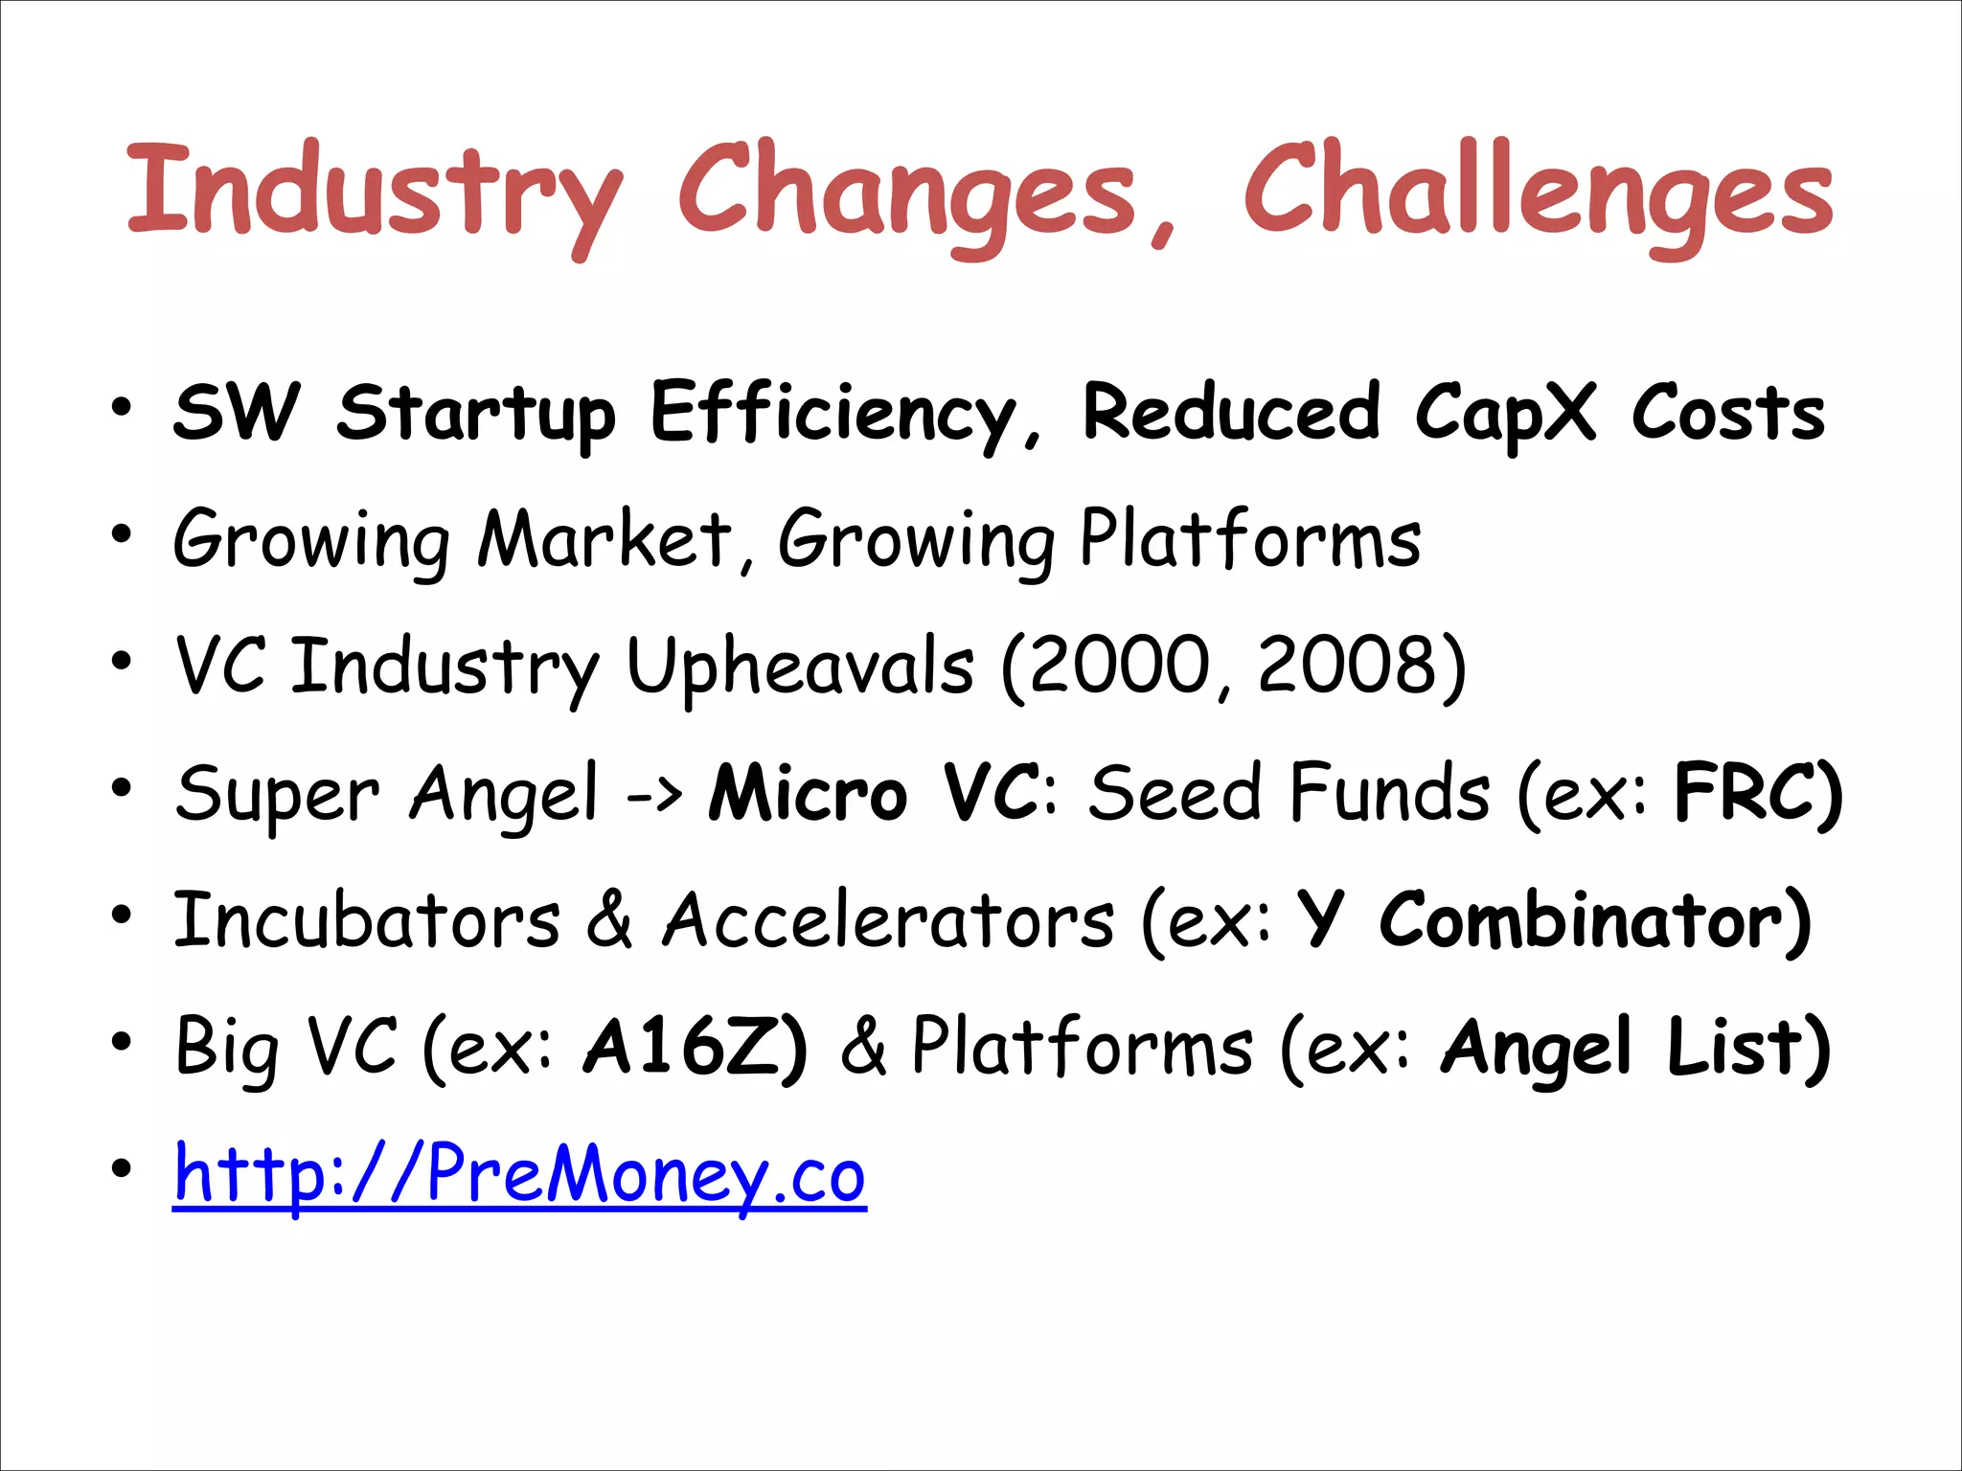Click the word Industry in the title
coord(374,192)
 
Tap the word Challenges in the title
coord(1538,192)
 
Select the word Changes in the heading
coord(906,192)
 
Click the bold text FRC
coord(1745,792)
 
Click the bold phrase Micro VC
coord(873,793)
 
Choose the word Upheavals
coord(800,668)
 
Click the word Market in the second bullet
coord(605,539)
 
